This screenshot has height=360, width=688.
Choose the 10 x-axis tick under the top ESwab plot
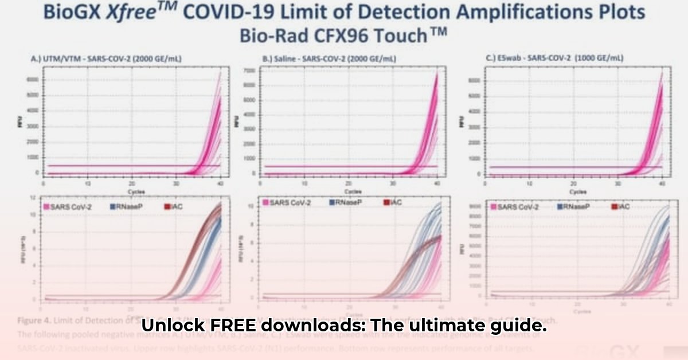[529, 185]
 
